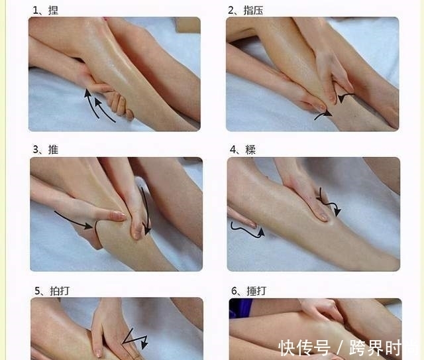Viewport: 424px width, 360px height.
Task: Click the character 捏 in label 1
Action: [53, 11]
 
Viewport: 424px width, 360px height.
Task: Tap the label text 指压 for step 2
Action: [253, 11]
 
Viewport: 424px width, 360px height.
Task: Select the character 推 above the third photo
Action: [53, 149]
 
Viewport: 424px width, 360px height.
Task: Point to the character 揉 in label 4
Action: [250, 150]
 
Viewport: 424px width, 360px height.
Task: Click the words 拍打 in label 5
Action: [60, 291]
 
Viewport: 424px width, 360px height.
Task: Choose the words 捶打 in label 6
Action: [256, 291]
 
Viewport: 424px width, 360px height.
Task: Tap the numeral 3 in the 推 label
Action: [36, 149]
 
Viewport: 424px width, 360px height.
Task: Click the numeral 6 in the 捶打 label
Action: [234, 291]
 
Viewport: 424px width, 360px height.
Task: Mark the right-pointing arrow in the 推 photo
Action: [74, 220]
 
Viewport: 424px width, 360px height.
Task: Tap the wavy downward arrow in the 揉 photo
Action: [329, 202]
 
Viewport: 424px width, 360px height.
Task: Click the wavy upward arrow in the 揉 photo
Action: [247, 231]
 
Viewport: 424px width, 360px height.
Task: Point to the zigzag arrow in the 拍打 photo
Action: [135, 339]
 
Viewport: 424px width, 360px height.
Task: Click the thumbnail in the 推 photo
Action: [119, 215]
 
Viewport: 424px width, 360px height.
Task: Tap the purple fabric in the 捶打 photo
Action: [240, 308]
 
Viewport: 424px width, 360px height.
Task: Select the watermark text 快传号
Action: [305, 348]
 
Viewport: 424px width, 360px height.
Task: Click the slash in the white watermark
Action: [340, 348]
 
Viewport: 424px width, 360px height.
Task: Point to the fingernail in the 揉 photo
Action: [323, 217]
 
